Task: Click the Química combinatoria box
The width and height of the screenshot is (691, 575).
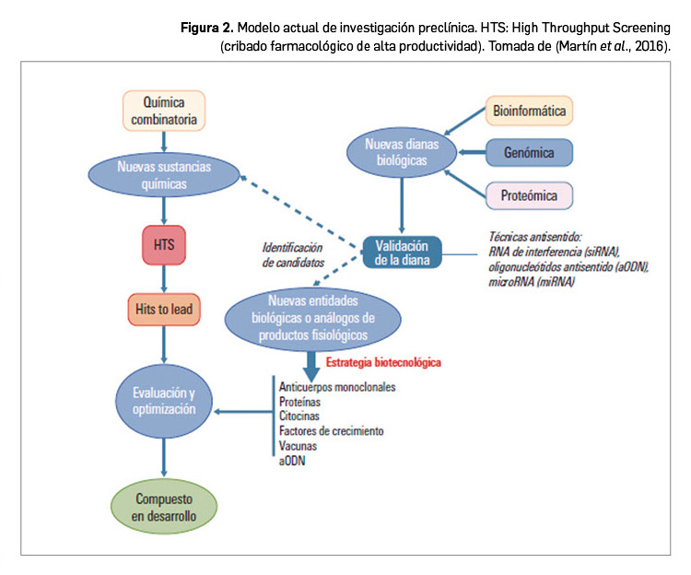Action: pos(164,109)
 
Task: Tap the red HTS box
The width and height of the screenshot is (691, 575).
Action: pos(164,245)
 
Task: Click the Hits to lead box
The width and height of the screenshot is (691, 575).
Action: pos(163,309)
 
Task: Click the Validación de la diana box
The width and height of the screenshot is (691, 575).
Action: pos(403,252)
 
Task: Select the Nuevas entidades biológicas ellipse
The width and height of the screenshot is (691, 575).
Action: pos(313,318)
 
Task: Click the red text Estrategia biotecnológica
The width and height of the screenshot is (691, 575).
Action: pos(383,363)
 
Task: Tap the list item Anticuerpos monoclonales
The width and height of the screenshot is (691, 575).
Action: pos(336,387)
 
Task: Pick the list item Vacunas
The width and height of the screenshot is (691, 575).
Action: pos(299,446)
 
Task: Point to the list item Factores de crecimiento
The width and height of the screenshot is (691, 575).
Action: pos(331,431)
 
